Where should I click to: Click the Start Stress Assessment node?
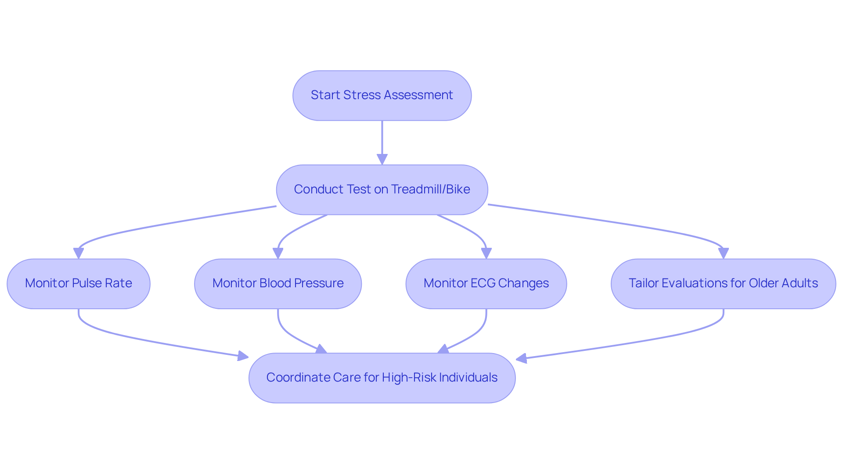point(382,95)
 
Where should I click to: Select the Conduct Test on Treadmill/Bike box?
point(382,189)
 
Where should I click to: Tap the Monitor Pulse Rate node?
point(79,283)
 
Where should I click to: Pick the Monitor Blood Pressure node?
point(278,283)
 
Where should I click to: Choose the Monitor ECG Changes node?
point(486,283)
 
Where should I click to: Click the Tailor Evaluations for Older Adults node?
point(723,283)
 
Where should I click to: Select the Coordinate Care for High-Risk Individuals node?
point(382,378)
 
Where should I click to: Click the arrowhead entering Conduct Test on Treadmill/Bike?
point(382,159)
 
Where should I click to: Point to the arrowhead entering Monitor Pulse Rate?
point(79,254)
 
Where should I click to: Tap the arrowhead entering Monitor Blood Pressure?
point(278,254)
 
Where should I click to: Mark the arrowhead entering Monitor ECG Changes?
point(486,254)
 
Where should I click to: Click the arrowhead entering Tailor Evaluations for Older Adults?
point(723,254)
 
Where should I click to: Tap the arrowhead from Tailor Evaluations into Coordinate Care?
point(522,358)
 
